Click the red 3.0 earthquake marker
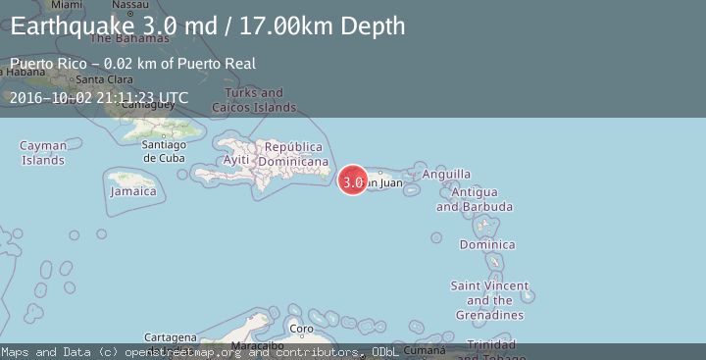[x=353, y=180]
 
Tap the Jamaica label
[x=132, y=191]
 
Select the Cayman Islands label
[x=43, y=153]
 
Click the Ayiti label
[x=236, y=160]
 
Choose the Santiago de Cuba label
[x=164, y=150]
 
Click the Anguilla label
[x=446, y=174]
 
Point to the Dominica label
[x=486, y=244]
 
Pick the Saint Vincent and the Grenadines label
[x=489, y=300]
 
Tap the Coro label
[x=303, y=329]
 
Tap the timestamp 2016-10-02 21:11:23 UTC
[x=99, y=97]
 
